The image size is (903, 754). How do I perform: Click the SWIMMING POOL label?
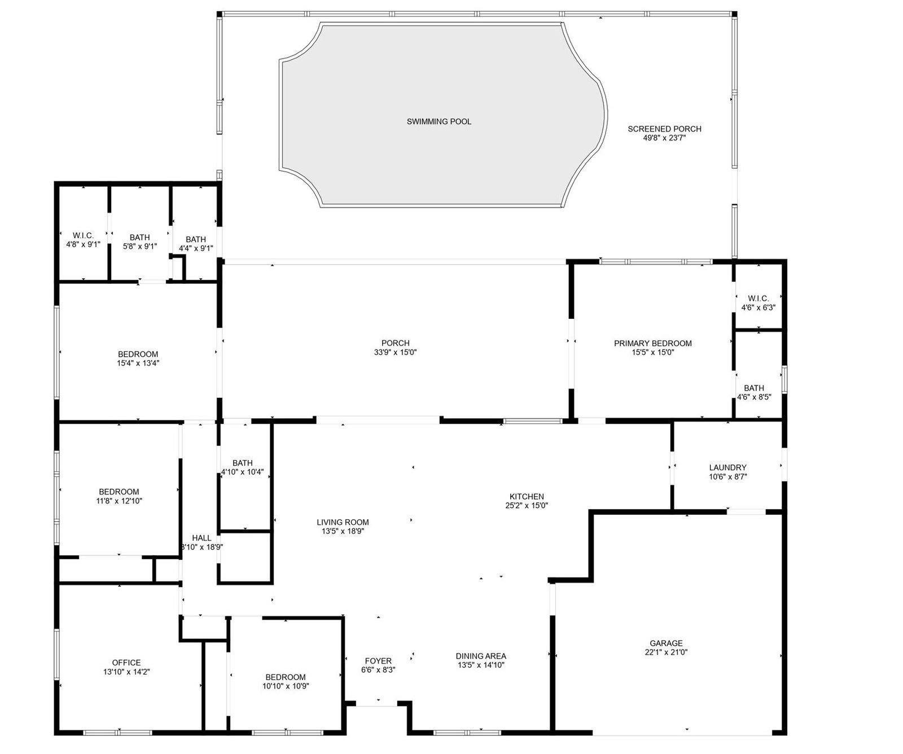[439, 121]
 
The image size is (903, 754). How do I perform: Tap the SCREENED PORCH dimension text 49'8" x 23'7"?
[664, 138]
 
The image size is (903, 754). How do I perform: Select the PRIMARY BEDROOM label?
[652, 343]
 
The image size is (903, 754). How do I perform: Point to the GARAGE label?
[666, 643]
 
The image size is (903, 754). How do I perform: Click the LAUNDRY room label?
[727, 467]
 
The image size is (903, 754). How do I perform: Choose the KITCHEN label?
[527, 497]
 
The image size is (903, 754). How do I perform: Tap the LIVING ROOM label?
[343, 522]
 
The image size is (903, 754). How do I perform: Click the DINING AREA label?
[481, 656]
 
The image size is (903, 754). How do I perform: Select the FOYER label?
[378, 661]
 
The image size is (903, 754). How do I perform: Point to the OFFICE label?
[126, 663]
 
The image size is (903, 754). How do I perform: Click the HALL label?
[201, 538]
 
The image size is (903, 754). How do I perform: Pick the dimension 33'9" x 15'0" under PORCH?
[395, 352]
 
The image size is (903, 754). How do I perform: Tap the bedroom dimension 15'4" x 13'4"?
[138, 363]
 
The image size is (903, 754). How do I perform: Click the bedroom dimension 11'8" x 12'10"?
[119, 501]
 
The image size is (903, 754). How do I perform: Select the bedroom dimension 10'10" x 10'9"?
[286, 686]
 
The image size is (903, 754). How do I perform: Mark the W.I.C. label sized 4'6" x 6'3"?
[758, 299]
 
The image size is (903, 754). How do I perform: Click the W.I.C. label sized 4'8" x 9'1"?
[83, 235]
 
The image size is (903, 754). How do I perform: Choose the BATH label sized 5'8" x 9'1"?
[139, 237]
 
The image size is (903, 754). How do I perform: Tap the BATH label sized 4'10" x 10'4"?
[242, 463]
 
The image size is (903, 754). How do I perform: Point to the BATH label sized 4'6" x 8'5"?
[754, 388]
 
